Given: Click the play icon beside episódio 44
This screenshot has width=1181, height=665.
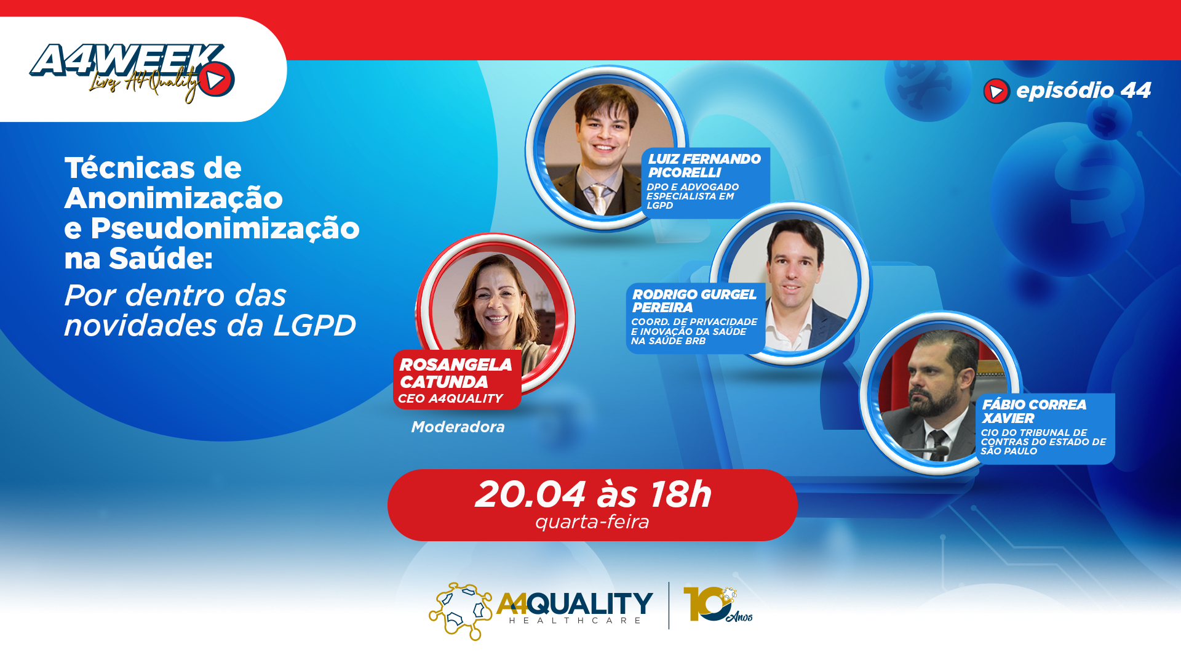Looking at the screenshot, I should point(996,91).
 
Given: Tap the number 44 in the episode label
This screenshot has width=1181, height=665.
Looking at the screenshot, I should point(1135,91).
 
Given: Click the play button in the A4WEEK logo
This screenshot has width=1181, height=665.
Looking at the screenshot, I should point(216,79).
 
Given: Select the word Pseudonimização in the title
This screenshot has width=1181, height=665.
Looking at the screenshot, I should point(225,228).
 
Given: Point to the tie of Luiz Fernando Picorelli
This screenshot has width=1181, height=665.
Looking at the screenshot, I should point(598,198).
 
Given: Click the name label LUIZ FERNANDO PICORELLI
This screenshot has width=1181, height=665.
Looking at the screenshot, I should point(704,166).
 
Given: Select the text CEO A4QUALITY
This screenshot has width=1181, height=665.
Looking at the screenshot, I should point(450,398).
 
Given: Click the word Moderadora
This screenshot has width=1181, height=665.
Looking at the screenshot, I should point(458,427).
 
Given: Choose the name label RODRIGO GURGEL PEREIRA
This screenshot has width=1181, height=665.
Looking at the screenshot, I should point(694,300).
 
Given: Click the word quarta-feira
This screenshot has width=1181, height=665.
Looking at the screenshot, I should point(592,522).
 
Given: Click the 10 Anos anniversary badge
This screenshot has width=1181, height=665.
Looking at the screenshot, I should point(717,605).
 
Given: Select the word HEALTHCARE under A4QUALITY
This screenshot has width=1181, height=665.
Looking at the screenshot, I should point(576,621).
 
